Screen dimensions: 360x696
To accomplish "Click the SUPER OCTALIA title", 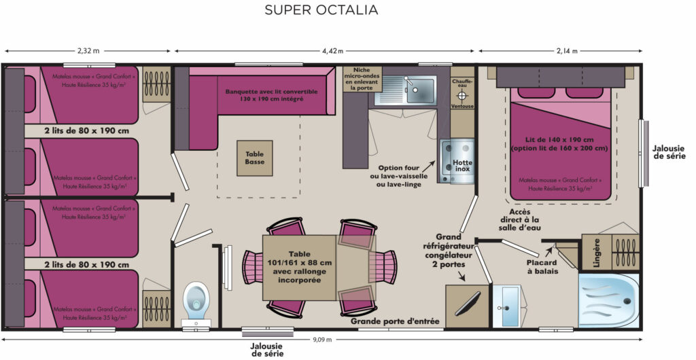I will pyautogui.click(x=321, y=10).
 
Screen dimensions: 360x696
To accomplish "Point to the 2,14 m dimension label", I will pyautogui.click(x=566, y=51).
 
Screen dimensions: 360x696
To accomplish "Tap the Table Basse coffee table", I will pyautogui.click(x=255, y=158).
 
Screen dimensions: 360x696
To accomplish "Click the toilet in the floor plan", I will pyautogui.click(x=196, y=300).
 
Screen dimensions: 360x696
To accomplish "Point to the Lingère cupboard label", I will pyautogui.click(x=595, y=252).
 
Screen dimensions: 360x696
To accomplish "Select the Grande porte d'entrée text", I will pyautogui.click(x=395, y=321).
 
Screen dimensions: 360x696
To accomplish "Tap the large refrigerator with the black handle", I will pyautogui.click(x=466, y=305).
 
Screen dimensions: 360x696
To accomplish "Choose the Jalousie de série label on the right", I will pyautogui.click(x=669, y=151).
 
